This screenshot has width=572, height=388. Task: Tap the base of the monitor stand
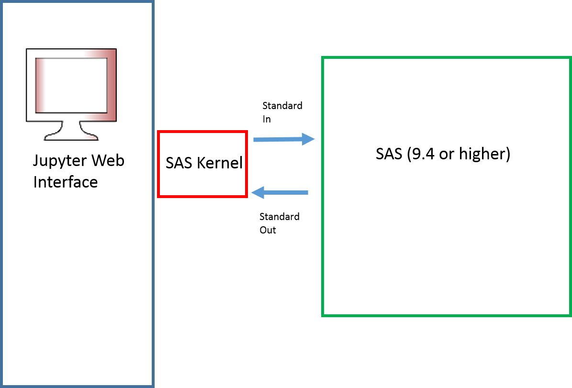(71, 137)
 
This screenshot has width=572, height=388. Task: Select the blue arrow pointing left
(280, 193)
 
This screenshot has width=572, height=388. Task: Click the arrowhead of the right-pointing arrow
(309, 139)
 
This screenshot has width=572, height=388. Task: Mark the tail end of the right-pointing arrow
(255, 140)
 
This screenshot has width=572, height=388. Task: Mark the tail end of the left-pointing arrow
(307, 193)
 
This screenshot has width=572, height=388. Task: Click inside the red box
(202, 164)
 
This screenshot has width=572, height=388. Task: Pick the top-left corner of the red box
(159, 132)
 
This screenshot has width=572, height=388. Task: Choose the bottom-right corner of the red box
(246, 196)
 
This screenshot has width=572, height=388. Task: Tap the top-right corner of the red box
(246, 132)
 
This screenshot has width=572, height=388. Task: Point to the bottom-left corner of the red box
(159, 196)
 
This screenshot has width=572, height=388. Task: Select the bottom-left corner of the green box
(323, 315)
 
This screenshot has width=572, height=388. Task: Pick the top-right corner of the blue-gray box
(152, 2)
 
